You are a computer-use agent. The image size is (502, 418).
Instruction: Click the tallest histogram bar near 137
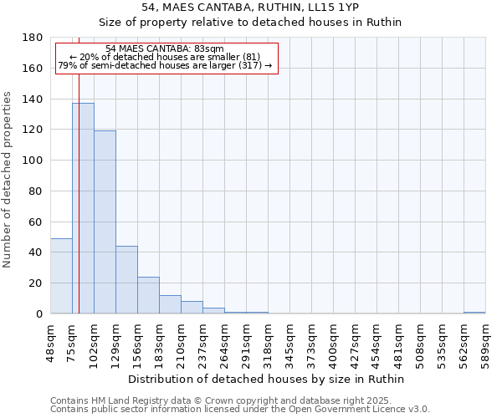(83, 208)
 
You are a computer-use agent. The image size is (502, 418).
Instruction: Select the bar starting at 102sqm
(105, 222)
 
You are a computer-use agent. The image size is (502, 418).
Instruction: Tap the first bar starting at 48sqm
(61, 276)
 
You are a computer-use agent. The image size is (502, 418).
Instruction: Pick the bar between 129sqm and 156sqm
(126, 279)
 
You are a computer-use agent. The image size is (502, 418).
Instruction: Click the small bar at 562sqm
(474, 313)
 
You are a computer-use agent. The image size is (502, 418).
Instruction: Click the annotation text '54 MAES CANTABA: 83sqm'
(166, 49)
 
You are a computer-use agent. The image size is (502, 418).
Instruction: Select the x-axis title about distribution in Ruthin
(267, 379)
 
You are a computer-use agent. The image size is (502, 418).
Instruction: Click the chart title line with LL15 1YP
(250, 8)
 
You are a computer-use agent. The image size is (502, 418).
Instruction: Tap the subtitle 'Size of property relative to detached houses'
(250, 23)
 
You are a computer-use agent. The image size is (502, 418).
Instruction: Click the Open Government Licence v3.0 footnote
(239, 410)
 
